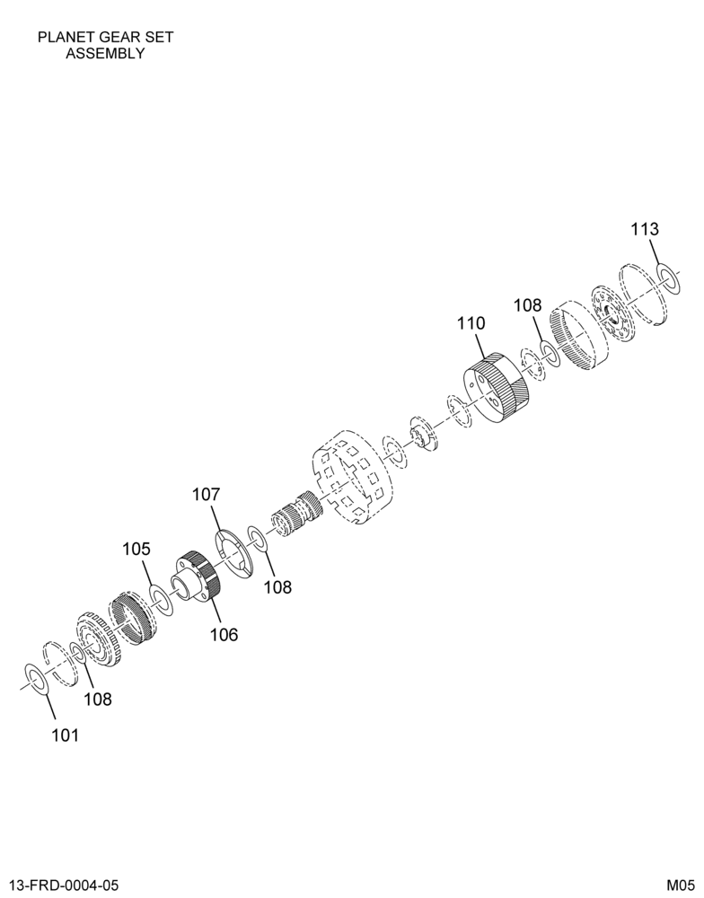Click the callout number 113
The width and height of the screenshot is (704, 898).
click(x=645, y=230)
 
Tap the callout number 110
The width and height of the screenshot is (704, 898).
click(x=471, y=323)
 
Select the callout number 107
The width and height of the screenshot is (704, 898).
click(x=206, y=494)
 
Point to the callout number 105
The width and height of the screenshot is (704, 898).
click(x=136, y=550)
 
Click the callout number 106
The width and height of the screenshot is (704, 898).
click(x=224, y=635)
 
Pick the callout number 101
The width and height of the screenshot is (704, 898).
click(x=65, y=735)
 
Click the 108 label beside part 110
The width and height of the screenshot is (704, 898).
click(x=527, y=304)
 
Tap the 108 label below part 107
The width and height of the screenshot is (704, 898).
click(x=277, y=587)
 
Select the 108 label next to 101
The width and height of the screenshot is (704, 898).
click(x=97, y=699)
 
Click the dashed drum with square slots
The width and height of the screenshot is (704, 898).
click(x=352, y=478)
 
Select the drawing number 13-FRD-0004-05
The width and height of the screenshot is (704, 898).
click(x=65, y=885)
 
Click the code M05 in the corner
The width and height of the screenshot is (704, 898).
click(x=680, y=885)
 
